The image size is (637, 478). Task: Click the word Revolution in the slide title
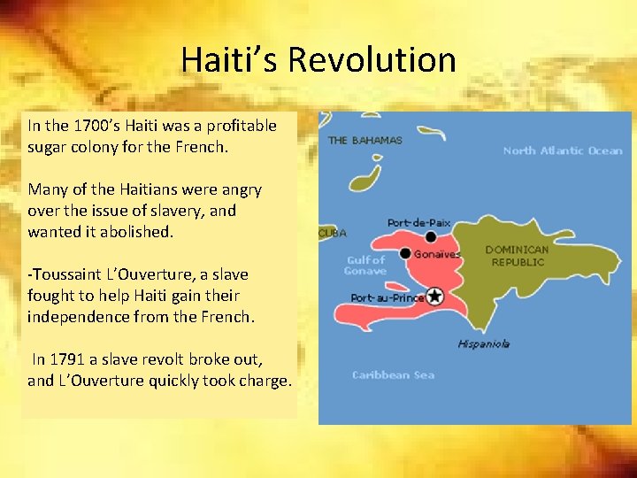tap(372, 60)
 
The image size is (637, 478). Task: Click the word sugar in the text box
tap(48, 147)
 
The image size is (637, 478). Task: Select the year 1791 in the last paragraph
tap(67, 359)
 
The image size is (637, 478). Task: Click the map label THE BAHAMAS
tap(365, 140)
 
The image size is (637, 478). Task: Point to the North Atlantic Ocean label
tap(563, 150)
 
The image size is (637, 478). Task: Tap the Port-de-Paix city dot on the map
tap(431, 236)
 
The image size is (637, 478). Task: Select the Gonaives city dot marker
tap(405, 253)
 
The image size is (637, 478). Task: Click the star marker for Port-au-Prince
tap(434, 297)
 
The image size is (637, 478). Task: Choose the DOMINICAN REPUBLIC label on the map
tap(518, 256)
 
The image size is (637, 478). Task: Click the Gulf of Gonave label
tap(365, 266)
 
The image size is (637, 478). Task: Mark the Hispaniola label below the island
tap(483, 343)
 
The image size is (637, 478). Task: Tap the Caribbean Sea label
tap(393, 375)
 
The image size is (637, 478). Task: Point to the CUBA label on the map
tap(333, 233)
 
